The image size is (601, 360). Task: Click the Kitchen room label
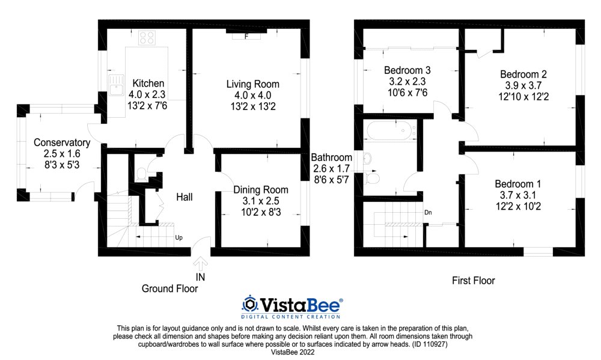tap(148, 83)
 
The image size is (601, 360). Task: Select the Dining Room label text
tap(260, 190)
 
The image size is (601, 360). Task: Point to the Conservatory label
tap(62, 142)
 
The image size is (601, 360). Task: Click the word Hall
tap(184, 197)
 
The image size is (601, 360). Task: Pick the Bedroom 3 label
tap(407, 70)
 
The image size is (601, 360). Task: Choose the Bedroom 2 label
tap(523, 74)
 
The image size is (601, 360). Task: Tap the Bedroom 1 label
tap(518, 184)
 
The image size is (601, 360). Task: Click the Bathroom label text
tap(331, 157)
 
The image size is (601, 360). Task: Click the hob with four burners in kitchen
tap(146, 38)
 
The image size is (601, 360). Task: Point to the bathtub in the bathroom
tap(389, 130)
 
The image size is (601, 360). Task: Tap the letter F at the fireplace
tap(246, 37)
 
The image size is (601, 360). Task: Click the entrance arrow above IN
tap(200, 263)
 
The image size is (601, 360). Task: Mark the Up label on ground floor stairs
tap(178, 237)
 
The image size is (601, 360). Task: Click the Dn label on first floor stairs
tap(428, 212)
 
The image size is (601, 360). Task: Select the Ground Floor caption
tap(169, 288)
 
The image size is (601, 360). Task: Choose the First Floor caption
tap(473, 280)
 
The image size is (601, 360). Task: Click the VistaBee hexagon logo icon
tap(250, 304)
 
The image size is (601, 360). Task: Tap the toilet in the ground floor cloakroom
tap(141, 174)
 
